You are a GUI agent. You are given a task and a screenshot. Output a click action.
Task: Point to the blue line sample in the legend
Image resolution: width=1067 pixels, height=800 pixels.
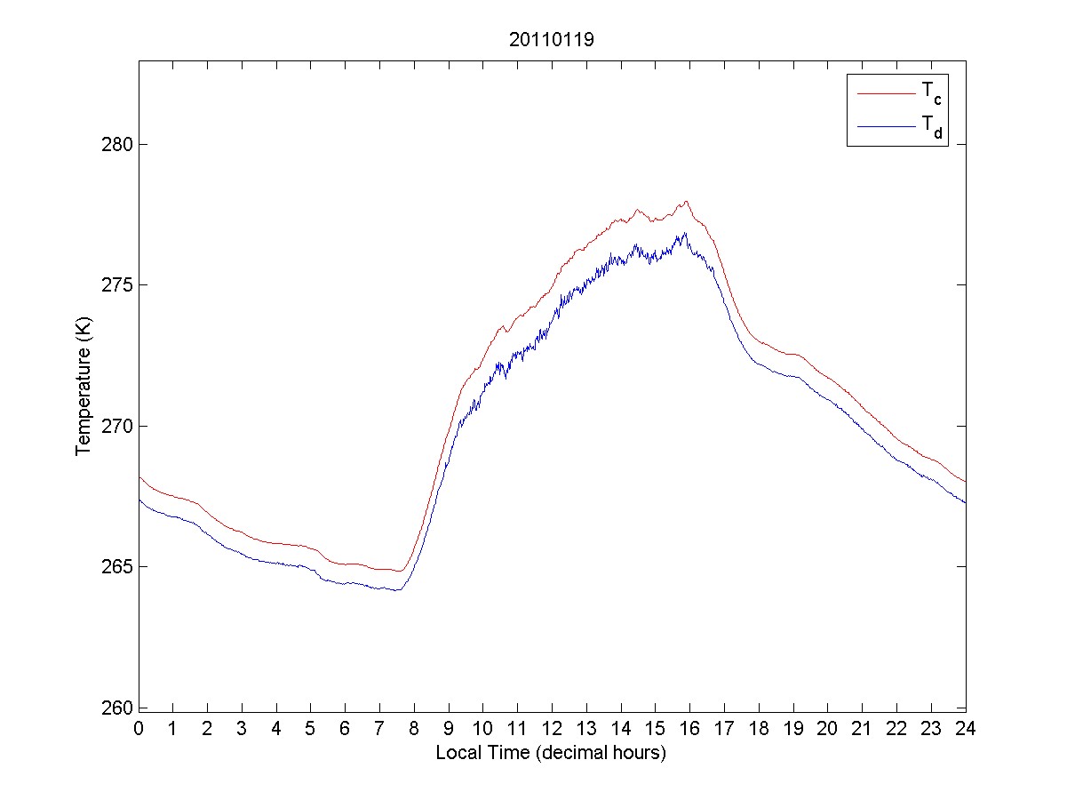point(885,127)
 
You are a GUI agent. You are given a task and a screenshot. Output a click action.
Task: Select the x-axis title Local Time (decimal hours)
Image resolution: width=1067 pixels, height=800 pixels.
point(551,753)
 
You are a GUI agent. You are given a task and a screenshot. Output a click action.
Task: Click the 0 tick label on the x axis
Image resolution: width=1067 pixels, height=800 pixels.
point(139,728)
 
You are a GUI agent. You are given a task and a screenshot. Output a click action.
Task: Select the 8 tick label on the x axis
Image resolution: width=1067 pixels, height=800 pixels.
point(414,728)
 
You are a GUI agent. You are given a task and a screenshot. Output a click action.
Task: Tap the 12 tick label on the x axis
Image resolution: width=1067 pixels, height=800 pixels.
point(552,728)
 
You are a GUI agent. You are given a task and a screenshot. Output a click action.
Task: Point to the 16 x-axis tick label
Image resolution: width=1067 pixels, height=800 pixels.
point(689,728)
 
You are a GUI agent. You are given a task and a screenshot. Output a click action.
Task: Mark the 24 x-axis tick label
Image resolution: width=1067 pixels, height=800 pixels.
point(965,728)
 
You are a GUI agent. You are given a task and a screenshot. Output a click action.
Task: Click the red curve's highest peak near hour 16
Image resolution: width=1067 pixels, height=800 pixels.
point(686,201)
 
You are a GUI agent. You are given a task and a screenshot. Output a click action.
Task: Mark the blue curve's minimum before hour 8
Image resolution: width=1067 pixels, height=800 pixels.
point(398,590)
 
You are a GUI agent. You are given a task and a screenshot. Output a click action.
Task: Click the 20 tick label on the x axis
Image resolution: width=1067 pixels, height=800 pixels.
point(827,728)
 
